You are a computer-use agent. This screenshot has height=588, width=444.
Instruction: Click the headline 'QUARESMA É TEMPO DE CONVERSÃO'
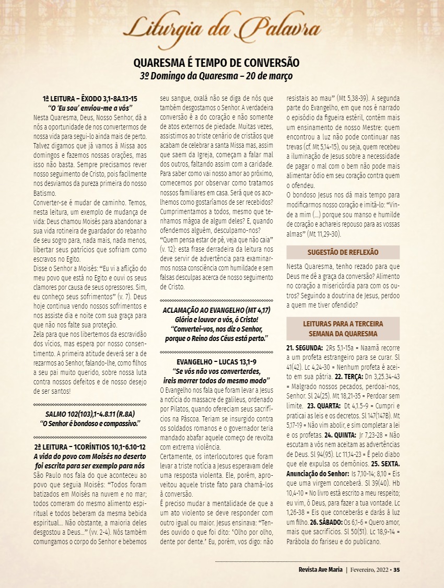click(x=216, y=63)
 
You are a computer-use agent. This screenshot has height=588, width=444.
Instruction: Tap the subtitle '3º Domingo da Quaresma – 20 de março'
click(x=216, y=76)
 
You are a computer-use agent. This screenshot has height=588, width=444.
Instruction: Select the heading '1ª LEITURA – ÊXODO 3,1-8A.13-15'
click(x=90, y=99)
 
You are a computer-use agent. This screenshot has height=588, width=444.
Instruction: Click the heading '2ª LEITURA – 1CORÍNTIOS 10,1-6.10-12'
click(x=90, y=448)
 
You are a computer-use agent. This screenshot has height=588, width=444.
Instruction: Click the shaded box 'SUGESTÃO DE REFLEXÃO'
click(x=343, y=252)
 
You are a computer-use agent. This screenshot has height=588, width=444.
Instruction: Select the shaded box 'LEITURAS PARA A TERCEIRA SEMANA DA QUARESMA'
click(x=343, y=328)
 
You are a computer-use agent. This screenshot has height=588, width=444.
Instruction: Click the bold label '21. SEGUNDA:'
click(x=305, y=347)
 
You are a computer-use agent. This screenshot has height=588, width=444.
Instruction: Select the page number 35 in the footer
click(x=396, y=569)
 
